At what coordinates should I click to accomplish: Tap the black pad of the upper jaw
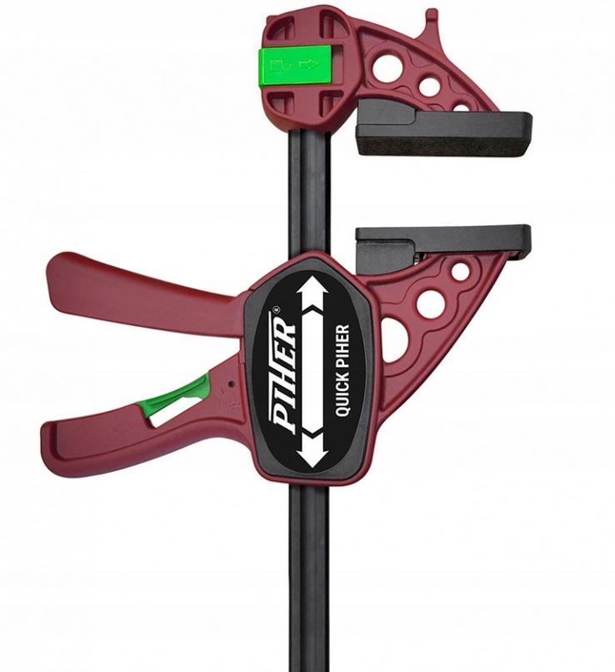(x=442, y=133)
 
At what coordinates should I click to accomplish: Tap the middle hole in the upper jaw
(x=429, y=86)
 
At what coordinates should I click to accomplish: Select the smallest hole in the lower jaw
(x=460, y=272)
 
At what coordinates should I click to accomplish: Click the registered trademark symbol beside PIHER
(x=277, y=313)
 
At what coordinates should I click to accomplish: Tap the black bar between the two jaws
(x=310, y=192)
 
